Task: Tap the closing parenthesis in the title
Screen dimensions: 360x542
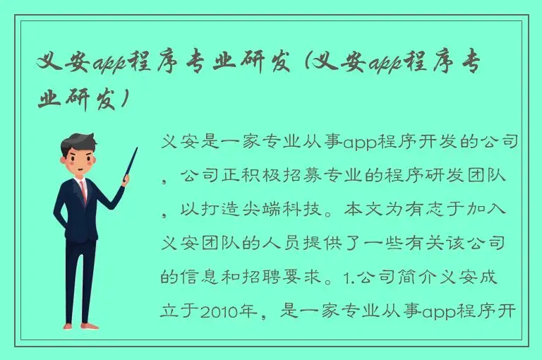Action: coord(125,100)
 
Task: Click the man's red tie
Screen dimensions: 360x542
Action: coord(83,190)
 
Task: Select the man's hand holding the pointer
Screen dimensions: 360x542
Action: coord(124,181)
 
